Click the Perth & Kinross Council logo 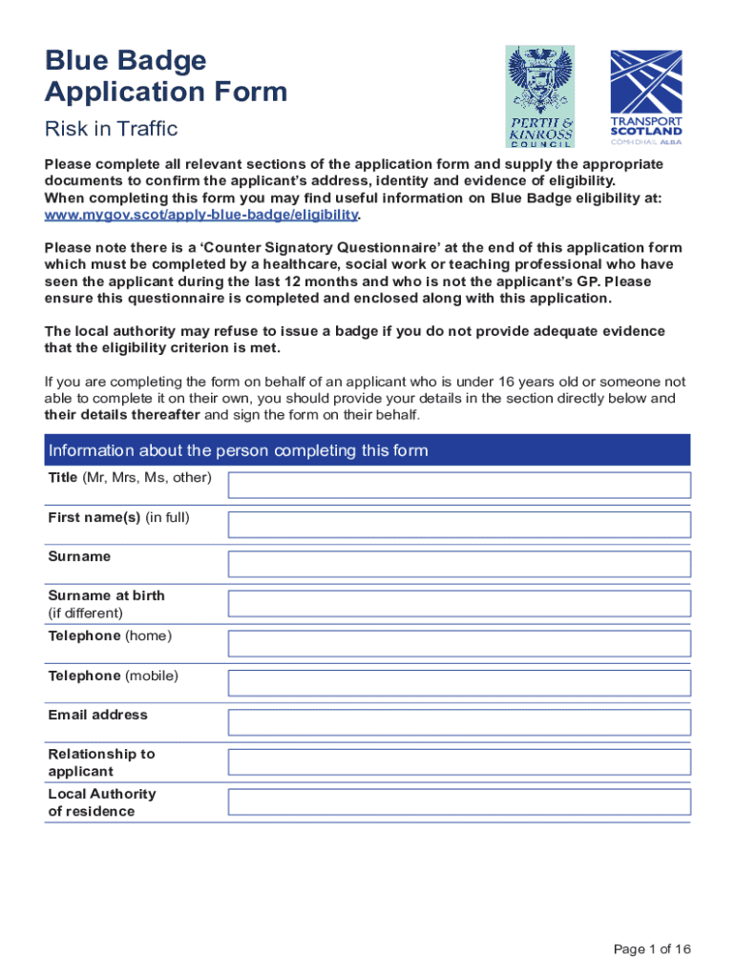[x=540, y=95]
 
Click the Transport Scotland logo [x=646, y=96]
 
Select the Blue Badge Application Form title [x=166, y=76]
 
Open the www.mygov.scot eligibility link [x=201, y=216]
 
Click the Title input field [x=458, y=485]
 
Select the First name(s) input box [x=458, y=524]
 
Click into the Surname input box [x=458, y=563]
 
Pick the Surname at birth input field [x=458, y=603]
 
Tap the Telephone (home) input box [x=458, y=642]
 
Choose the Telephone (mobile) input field [x=458, y=682]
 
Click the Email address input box [x=458, y=721]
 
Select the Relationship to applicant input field [x=458, y=761]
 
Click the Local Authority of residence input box [x=458, y=800]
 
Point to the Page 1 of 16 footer [x=652, y=948]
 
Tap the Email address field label [x=98, y=715]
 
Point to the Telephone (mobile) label [x=113, y=676]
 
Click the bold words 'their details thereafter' [x=122, y=415]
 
